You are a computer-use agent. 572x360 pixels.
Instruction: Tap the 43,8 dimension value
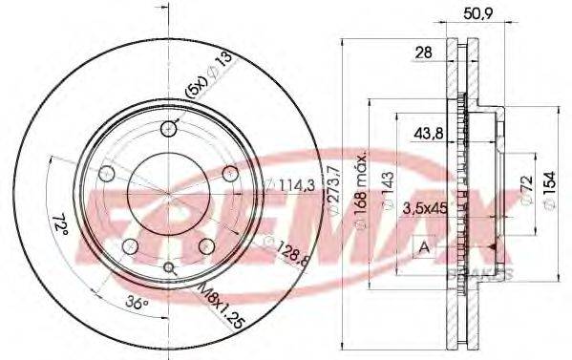coord(426,134)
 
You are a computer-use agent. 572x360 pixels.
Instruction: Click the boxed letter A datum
coord(421,247)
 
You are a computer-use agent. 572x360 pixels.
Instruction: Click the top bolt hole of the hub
coord(170,130)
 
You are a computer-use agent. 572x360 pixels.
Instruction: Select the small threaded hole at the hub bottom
coord(170,268)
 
